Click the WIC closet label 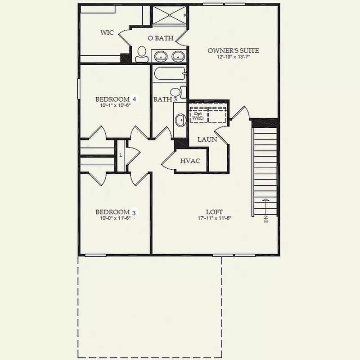pyautogui.click(x=107, y=32)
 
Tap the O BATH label pyautogui.click(x=161, y=38)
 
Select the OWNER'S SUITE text pyautogui.click(x=233, y=50)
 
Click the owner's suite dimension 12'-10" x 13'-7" pyautogui.click(x=233, y=57)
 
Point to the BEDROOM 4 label pyautogui.click(x=116, y=99)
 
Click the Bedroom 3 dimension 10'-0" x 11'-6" pyautogui.click(x=115, y=218)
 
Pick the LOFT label pyautogui.click(x=214, y=212)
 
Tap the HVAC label pyautogui.click(x=190, y=161)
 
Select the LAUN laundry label pyautogui.click(x=207, y=139)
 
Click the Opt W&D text pyautogui.click(x=198, y=116)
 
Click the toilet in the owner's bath pyautogui.click(x=142, y=54)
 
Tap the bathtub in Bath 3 pyautogui.click(x=170, y=73)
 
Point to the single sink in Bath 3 pyautogui.click(x=181, y=120)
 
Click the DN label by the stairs pyautogui.click(x=266, y=219)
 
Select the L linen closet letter pyautogui.click(x=121, y=155)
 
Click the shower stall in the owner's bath pyautogui.click(x=170, y=15)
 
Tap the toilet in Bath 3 pyautogui.click(x=178, y=92)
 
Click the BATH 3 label pyautogui.click(x=165, y=99)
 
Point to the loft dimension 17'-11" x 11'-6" pyautogui.click(x=215, y=218)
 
